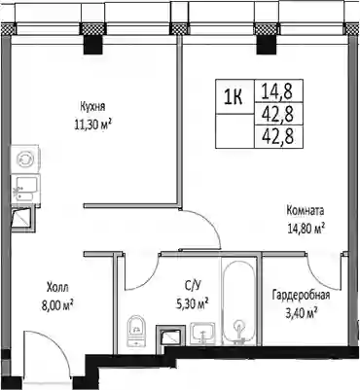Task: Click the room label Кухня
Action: pos(92,107)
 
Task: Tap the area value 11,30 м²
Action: pos(93,124)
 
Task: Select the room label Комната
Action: pos(306,211)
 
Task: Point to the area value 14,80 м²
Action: pos(306,229)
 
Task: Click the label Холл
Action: pos(57,287)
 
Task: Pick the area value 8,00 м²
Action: pos(56,304)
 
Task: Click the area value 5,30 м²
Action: pos(192,303)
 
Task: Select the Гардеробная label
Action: pos(302,296)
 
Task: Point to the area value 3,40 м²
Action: pos(301,313)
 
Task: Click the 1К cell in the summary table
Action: pos(234,96)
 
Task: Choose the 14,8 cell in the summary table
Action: pos(277,91)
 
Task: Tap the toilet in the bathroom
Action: pos(136,330)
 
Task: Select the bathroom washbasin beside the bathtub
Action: pos(202,333)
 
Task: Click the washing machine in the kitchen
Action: pos(25,160)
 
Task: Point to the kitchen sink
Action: pos(25,189)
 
